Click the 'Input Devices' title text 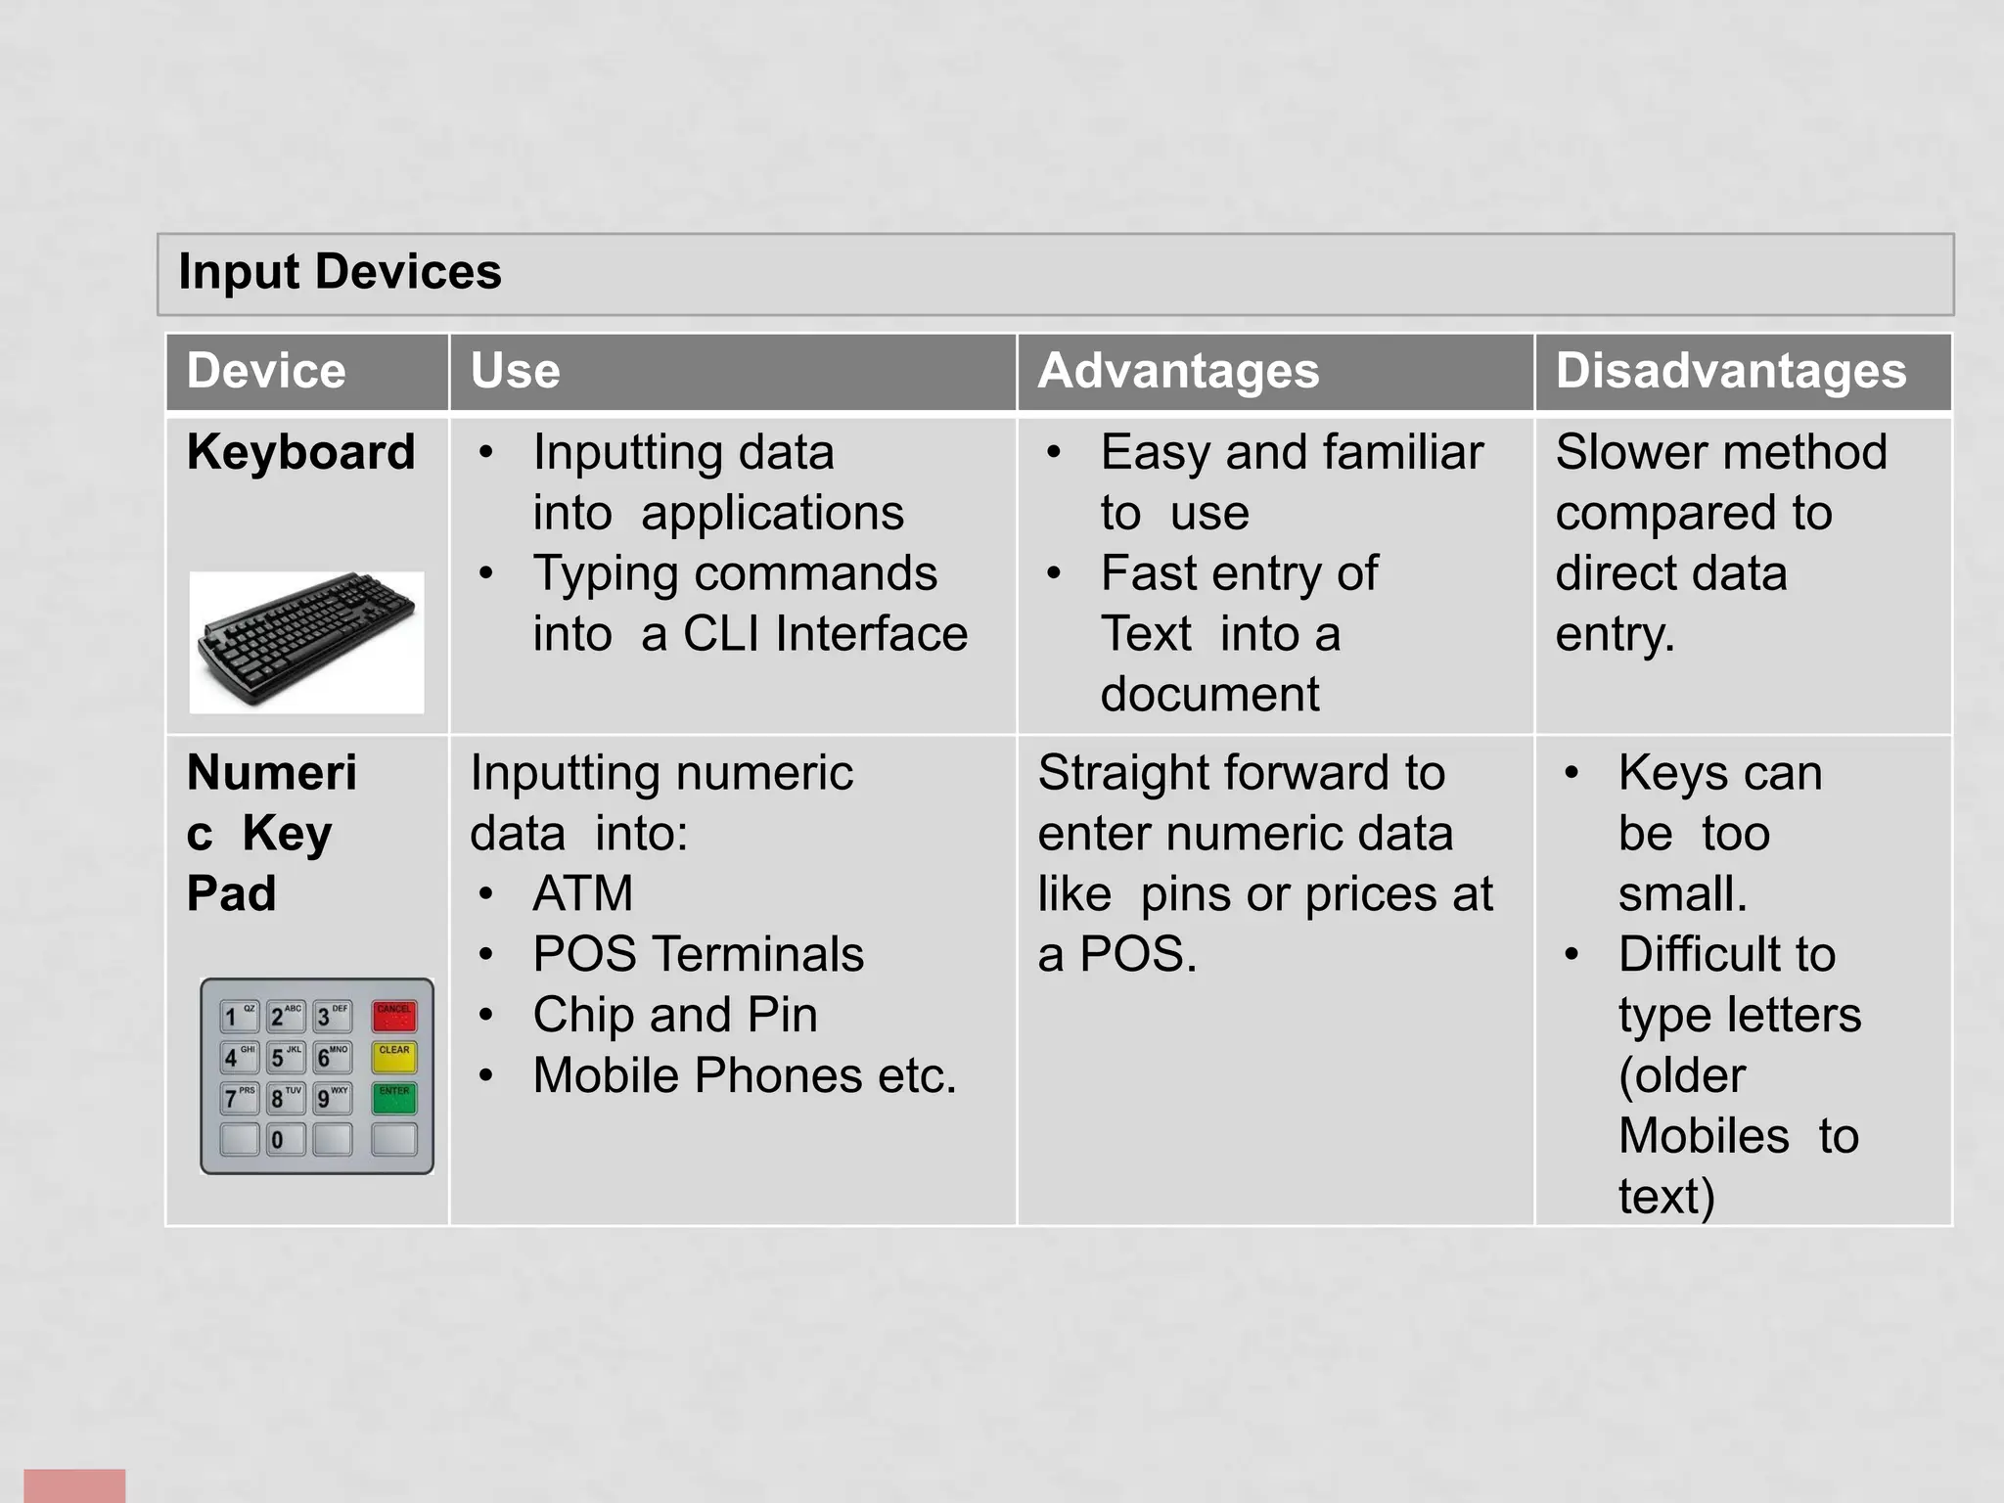click(340, 272)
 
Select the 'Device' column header click(266, 371)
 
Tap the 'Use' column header click(515, 371)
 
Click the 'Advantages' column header click(1178, 371)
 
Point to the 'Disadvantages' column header click(1731, 371)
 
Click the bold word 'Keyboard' click(300, 452)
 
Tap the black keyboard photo click(306, 641)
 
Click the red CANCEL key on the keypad click(394, 1017)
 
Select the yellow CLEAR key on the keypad click(394, 1058)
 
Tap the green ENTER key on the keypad click(394, 1098)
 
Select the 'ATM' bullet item click(583, 893)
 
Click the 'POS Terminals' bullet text click(698, 954)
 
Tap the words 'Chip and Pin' click(675, 1015)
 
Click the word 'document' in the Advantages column click(1209, 695)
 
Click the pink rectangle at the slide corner click(74, 1484)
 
